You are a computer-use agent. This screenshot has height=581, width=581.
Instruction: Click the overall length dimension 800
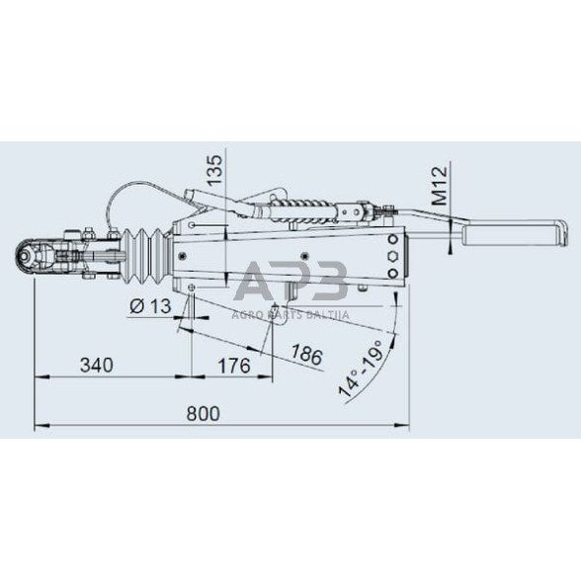[202, 413]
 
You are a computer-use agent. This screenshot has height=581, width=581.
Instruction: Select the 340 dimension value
[95, 365]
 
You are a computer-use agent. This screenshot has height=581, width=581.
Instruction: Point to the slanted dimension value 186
[307, 354]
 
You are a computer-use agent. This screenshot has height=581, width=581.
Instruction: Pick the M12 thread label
[441, 185]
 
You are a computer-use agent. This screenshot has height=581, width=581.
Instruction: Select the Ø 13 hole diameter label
[150, 307]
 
